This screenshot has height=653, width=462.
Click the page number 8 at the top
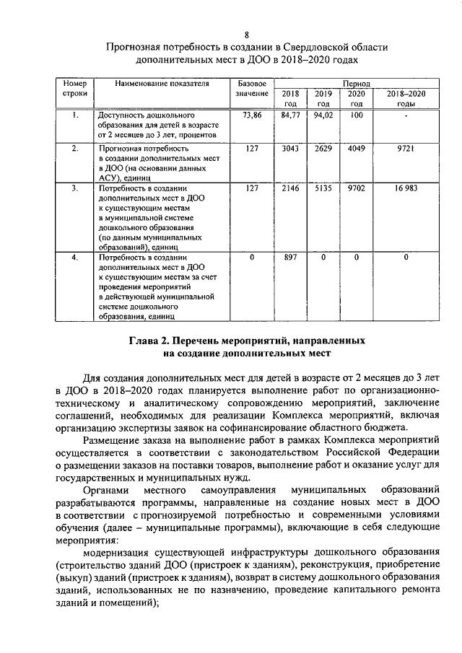pos(247,34)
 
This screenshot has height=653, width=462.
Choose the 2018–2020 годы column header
pos(406,99)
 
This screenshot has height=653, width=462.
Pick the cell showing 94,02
pos(323,115)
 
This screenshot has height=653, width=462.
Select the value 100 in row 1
pos(356,115)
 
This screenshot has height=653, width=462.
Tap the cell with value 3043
pos(290,149)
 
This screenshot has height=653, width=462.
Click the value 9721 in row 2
pos(406,149)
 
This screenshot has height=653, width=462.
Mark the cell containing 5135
pos(323,188)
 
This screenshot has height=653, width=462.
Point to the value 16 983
pos(406,188)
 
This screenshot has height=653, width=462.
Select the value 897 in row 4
pos(290,258)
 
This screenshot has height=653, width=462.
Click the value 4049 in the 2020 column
pos(356,149)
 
